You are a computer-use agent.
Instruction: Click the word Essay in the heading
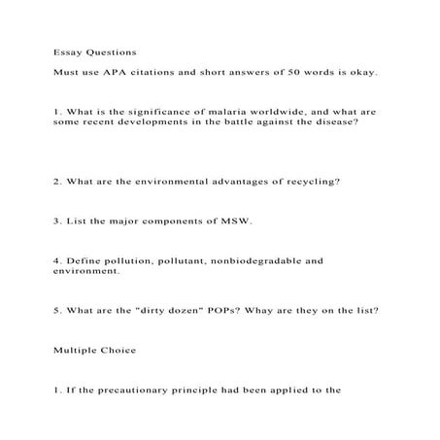pyautogui.click(x=67, y=51)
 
